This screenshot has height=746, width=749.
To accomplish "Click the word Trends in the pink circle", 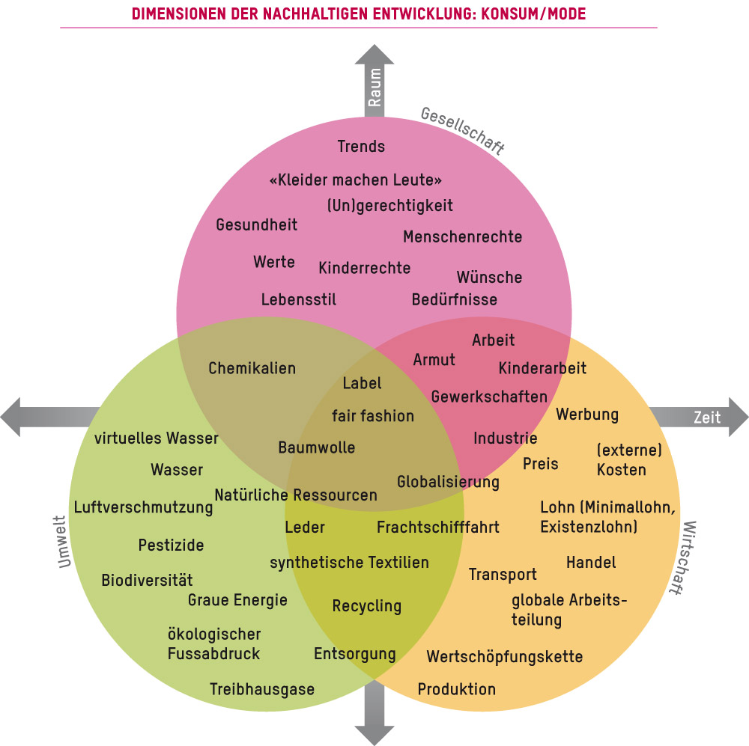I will (x=361, y=147).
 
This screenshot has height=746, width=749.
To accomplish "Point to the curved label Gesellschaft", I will (x=462, y=130).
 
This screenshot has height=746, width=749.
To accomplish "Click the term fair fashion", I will (x=372, y=416).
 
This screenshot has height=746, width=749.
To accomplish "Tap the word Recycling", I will (x=367, y=606).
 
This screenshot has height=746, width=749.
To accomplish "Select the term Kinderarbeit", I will (x=542, y=368).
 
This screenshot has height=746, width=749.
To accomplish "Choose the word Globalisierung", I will (x=448, y=482).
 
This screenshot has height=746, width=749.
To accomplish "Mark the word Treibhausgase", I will (x=262, y=689).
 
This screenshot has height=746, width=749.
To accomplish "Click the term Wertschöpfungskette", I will (x=505, y=657).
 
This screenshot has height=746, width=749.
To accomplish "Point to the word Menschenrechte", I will (x=462, y=237).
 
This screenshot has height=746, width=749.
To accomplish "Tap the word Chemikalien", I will (x=252, y=368).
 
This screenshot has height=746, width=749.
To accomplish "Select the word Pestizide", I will (x=171, y=545).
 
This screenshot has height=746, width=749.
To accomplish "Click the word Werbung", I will (x=587, y=415).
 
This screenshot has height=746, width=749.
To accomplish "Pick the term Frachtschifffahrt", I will (x=438, y=528).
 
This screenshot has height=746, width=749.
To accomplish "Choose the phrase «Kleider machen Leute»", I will (x=355, y=180).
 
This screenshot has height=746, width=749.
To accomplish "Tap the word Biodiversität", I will (x=147, y=581).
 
